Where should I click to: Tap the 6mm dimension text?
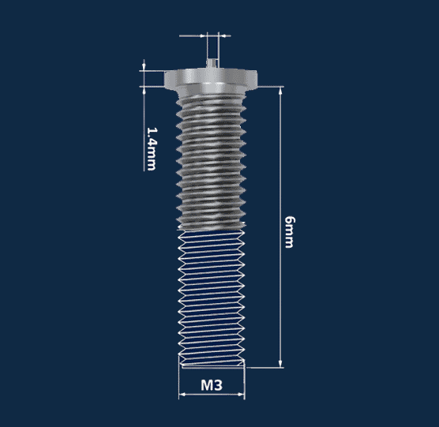(x=289, y=230)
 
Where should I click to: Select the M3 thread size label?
(x=211, y=386)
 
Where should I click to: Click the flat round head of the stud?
(x=211, y=79)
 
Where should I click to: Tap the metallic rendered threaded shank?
(x=211, y=158)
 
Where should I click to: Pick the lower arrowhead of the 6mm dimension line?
(x=280, y=364)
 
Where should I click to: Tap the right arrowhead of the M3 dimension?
(x=242, y=395)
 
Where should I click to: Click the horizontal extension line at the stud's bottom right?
(x=265, y=367)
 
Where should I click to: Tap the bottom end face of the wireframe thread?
(x=211, y=365)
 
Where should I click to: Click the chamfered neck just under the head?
(x=211, y=93)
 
